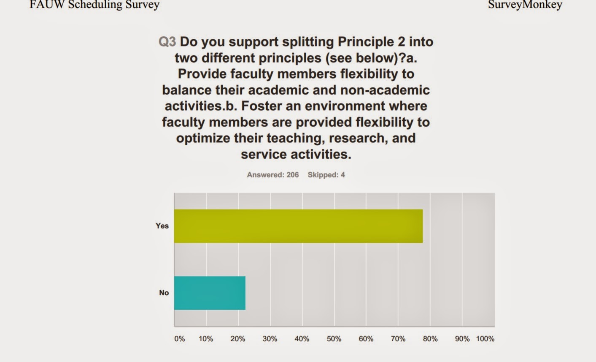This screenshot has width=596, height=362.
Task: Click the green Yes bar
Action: coord(298,226)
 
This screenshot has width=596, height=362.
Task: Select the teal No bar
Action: coord(210,293)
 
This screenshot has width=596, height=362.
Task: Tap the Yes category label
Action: coord(162,226)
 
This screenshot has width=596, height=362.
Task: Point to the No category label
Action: coord(164,293)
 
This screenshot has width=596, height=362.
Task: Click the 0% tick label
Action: coord(180,339)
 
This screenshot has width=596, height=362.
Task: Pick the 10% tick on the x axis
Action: coord(206,339)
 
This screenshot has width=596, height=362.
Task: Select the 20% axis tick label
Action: coord(238,339)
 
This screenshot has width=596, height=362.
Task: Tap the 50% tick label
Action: coord(334,339)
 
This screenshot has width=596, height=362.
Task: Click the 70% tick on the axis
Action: coord(398,339)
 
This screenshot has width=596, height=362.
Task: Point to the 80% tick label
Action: coord(430,339)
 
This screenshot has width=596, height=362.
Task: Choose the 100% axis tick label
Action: coord(485,339)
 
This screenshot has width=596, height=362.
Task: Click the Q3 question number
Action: coord(167,42)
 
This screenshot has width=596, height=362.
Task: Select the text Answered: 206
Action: coord(272,175)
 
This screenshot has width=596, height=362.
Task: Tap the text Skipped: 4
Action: coord(326,175)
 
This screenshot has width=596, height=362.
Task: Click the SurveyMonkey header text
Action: coord(525,5)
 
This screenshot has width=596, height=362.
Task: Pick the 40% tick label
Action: coord(302,339)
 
